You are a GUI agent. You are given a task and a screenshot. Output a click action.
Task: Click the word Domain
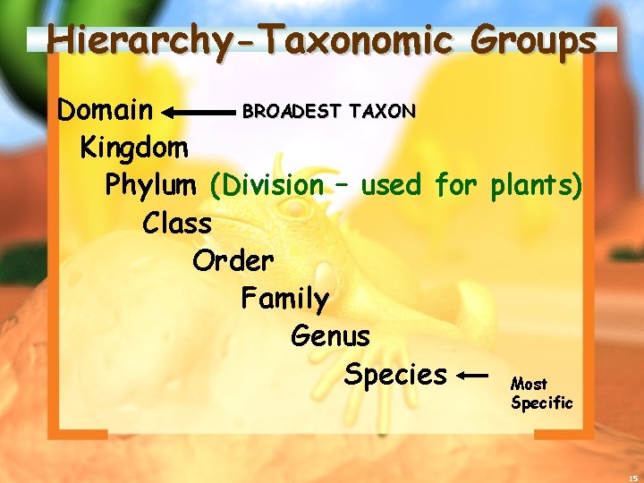click(105, 111)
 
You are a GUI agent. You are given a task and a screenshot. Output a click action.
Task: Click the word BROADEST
click(292, 111)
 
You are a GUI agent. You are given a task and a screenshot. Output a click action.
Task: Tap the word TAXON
click(383, 111)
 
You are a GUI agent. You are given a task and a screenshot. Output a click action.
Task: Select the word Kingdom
click(134, 147)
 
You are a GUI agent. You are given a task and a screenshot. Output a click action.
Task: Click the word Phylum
click(150, 185)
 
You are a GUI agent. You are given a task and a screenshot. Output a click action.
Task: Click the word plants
click(536, 185)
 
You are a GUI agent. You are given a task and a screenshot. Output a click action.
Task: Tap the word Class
click(176, 223)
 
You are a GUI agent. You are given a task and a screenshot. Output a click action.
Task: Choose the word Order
click(233, 260)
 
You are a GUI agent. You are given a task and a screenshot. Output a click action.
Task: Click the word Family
click(284, 298)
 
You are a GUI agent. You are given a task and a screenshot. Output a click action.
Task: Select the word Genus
click(330, 336)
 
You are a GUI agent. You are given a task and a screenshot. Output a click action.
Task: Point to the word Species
click(395, 374)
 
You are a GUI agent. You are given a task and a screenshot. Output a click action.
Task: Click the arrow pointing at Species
click(471, 376)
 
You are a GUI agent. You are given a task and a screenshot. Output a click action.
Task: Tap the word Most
click(529, 384)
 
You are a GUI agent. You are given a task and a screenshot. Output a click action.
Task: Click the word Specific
click(542, 402)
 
